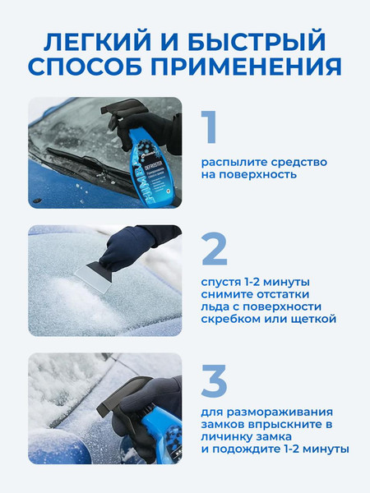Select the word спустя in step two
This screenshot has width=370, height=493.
coord(223,282)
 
